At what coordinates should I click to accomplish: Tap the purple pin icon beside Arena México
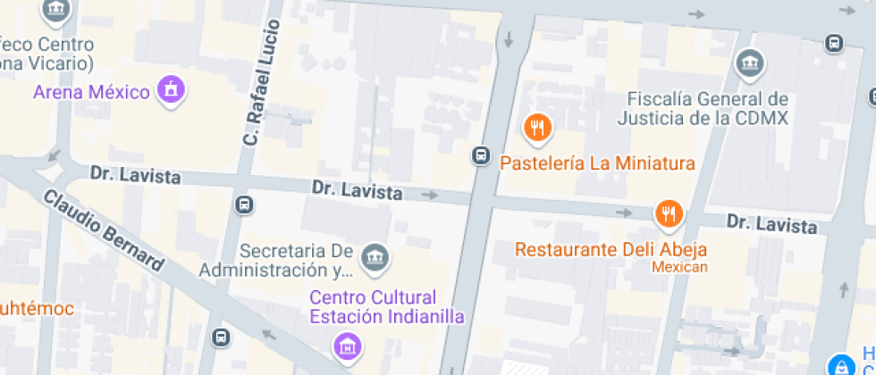(x=169, y=89)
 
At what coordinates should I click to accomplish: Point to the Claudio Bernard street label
(x=104, y=231)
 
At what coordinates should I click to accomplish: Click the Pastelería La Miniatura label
(x=597, y=163)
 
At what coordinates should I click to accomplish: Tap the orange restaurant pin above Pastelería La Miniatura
(x=537, y=129)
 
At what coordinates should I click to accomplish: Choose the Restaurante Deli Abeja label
(x=611, y=249)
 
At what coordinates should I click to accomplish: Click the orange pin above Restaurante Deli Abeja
(x=668, y=213)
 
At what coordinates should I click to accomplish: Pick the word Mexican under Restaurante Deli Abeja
(x=679, y=267)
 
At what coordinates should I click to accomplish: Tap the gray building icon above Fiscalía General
(x=749, y=64)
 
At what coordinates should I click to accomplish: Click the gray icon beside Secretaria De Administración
(x=375, y=259)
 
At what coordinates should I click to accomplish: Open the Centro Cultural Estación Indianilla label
(x=373, y=306)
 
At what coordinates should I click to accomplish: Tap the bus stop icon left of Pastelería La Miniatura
(x=481, y=156)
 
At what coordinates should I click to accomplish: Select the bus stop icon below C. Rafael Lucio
(x=244, y=204)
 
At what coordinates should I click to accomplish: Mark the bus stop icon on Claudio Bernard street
(x=220, y=337)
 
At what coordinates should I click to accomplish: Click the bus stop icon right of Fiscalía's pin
(x=834, y=42)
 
